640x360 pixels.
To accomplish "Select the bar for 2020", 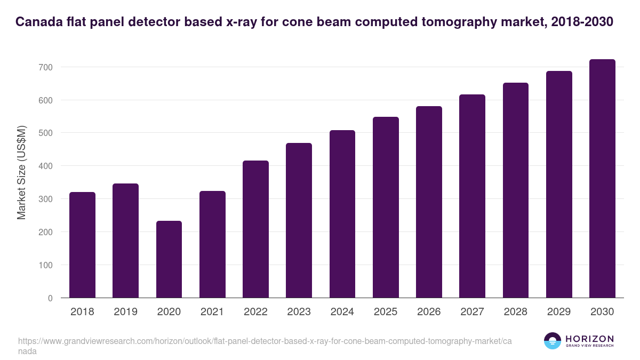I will pos(169,259).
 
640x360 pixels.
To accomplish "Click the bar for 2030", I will pos(602,179).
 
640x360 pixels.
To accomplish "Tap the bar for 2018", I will pos(82,245).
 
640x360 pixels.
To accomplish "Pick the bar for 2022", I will pos(255,229).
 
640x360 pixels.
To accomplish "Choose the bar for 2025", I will pos(386,207).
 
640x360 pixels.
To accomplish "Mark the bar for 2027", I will pos(473,196).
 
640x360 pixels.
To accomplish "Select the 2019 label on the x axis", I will pos(125,312).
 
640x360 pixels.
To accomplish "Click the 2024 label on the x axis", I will pos(342,312).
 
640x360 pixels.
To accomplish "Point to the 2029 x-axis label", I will pos(559,312).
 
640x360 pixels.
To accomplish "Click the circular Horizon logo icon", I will pos(553,341).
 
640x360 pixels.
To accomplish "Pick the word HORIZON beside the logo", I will pos(589,339).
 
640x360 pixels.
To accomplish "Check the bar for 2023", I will pos(299,220).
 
